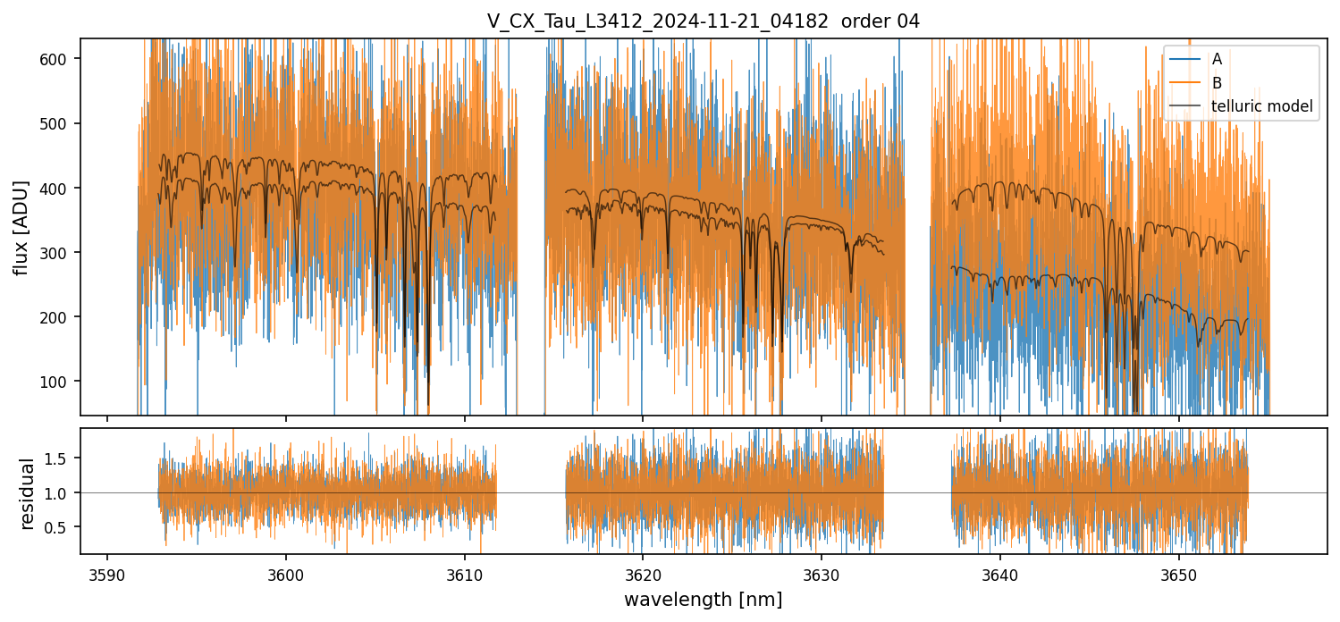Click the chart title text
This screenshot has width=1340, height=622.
[703, 21]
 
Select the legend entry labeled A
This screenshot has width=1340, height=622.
[1217, 60]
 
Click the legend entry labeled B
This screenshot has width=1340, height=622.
[1217, 83]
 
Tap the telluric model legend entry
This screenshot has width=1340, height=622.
[1261, 106]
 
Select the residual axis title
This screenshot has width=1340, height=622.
[27, 493]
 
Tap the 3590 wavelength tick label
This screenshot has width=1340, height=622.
[107, 573]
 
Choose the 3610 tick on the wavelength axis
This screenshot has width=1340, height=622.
[464, 573]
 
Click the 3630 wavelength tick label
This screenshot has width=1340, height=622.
[821, 573]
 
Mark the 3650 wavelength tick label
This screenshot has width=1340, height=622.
[1177, 573]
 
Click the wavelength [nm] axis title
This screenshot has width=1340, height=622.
[703, 599]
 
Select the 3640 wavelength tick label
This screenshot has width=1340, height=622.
[999, 573]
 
